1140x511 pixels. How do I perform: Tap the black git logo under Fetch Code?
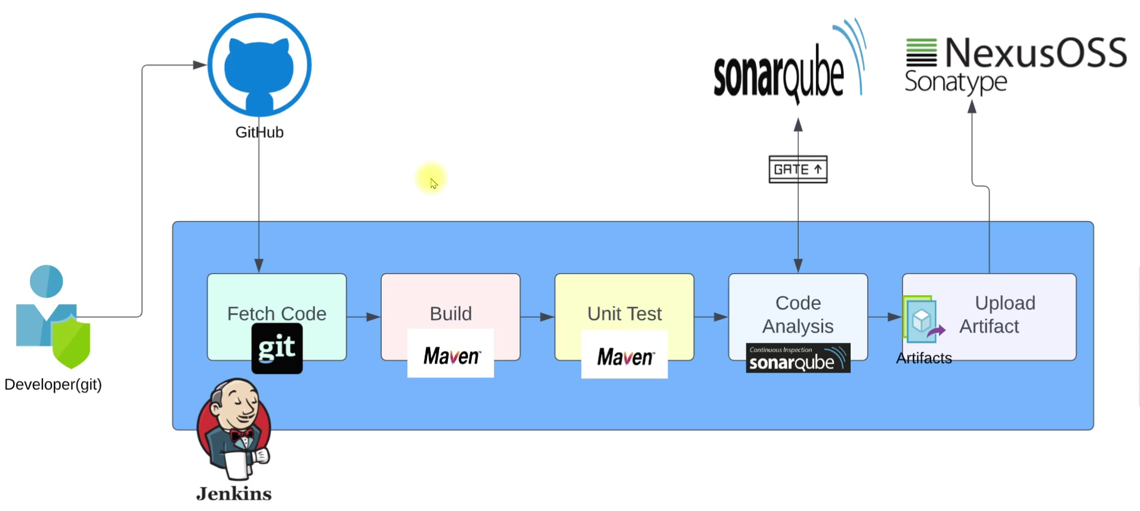tap(277, 349)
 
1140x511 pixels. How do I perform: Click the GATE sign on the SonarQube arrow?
tap(798, 169)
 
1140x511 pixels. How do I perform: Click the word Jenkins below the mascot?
tap(234, 494)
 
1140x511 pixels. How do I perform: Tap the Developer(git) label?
tap(53, 385)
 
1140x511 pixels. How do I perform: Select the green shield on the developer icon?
tap(71, 342)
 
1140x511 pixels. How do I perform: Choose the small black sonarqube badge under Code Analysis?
tap(798, 358)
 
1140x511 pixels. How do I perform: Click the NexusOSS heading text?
tap(1036, 52)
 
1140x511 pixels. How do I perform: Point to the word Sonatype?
tap(955, 82)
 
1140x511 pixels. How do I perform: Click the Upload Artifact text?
tap(997, 314)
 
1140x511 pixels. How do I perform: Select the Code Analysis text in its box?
tap(798, 314)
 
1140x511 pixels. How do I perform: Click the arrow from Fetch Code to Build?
tap(363, 317)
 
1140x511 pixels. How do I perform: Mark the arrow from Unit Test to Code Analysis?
tap(711, 317)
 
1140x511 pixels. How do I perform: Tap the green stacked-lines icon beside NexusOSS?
tap(921, 52)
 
